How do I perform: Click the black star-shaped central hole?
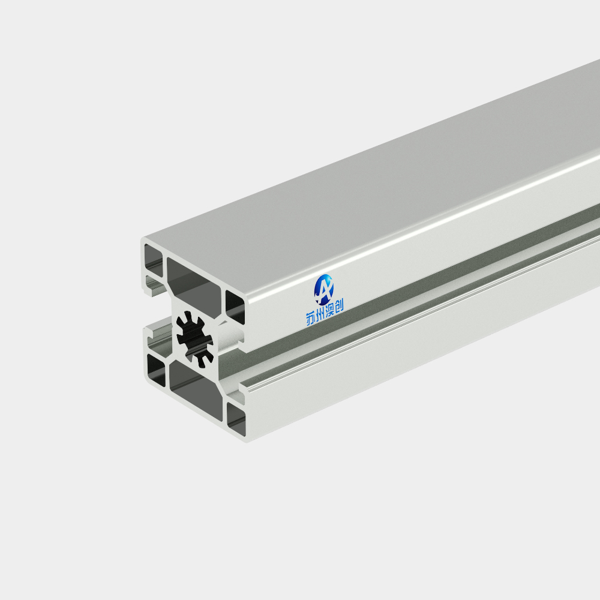tap(195, 339)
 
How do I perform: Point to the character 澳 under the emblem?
tap(329, 310)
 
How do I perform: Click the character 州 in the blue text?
tap(320, 314)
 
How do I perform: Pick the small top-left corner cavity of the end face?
tap(154, 259)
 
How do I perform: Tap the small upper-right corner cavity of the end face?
tap(235, 307)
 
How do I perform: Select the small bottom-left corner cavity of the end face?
tap(157, 370)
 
